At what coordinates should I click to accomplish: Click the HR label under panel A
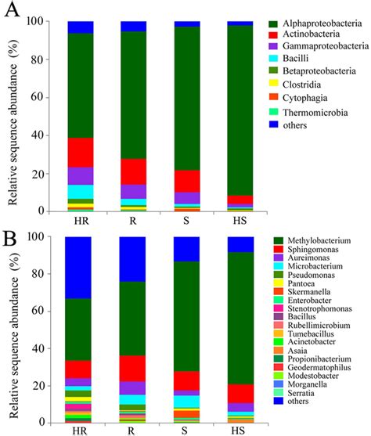(x=81, y=222)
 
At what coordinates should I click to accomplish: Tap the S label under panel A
(x=186, y=222)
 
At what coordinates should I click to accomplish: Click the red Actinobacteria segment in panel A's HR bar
(x=81, y=152)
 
